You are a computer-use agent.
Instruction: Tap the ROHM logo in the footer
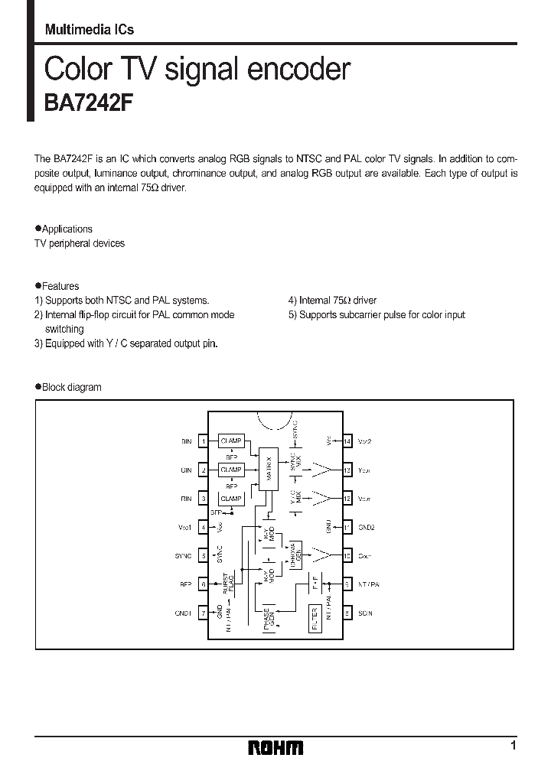coord(275,747)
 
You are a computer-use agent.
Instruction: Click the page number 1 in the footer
coord(513,746)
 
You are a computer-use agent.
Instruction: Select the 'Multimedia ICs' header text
coord(90,30)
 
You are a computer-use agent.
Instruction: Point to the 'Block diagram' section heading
coord(71,387)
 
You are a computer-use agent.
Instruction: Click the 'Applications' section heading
coord(67,229)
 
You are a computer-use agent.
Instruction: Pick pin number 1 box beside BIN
coord(203,441)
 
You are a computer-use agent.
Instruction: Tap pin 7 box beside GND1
coord(203,613)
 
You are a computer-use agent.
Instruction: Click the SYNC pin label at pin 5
coord(184,555)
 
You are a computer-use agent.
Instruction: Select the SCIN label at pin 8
coord(365,613)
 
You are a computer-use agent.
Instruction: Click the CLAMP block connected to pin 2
coord(230,470)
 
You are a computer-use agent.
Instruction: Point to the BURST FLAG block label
coord(227,584)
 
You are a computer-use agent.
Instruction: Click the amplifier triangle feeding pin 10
coord(324,555)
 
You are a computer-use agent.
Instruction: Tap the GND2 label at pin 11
coord(367,527)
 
